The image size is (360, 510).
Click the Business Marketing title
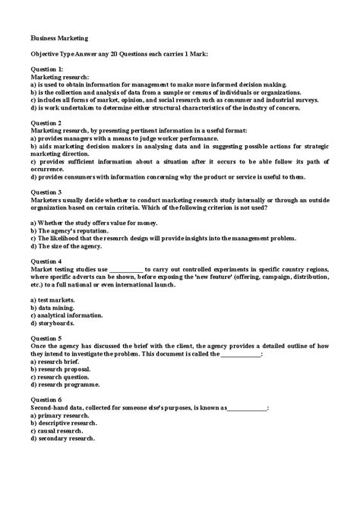click(x=58, y=36)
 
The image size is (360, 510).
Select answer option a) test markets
click(x=52, y=301)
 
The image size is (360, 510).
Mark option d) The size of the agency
click(x=68, y=245)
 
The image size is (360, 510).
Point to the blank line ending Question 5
click(x=240, y=354)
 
